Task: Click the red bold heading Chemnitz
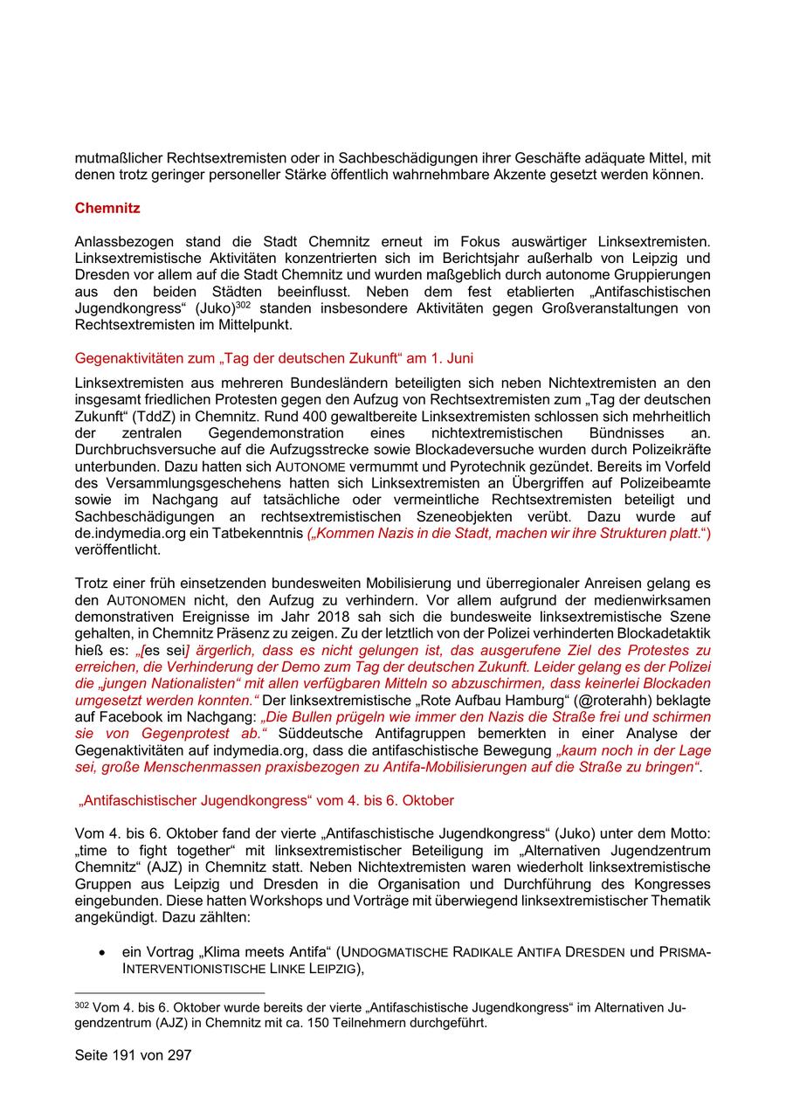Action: [x=107, y=209]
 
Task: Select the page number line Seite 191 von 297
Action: [x=133, y=1054]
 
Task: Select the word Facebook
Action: [x=119, y=718]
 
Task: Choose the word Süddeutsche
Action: [x=314, y=735]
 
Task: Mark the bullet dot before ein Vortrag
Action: [x=104, y=952]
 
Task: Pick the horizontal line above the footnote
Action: [x=169, y=993]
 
